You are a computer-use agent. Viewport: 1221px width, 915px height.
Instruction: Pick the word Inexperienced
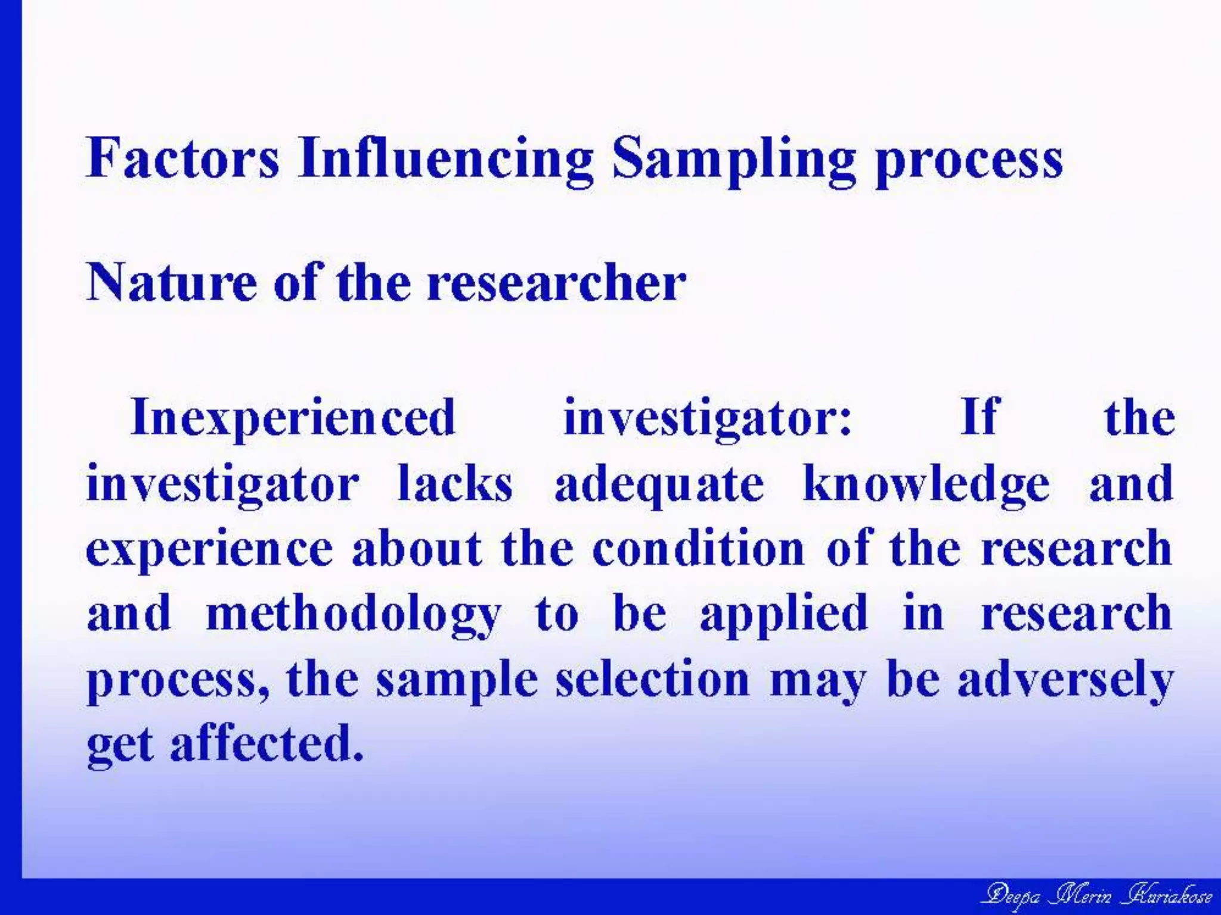pyautogui.click(x=293, y=418)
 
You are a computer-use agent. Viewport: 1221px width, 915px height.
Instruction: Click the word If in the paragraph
pyautogui.click(x=978, y=417)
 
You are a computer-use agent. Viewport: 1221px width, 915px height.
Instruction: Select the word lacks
pyautogui.click(x=455, y=484)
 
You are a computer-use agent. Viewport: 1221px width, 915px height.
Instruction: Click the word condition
pyautogui.click(x=698, y=548)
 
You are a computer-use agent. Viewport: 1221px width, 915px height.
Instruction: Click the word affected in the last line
pyautogui.click(x=266, y=745)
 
